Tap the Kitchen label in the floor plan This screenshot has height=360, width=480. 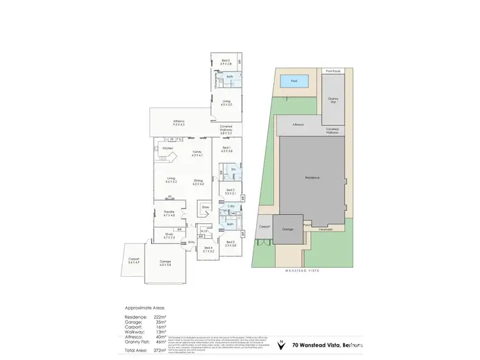click(x=168, y=148)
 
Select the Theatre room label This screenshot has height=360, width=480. click(x=169, y=213)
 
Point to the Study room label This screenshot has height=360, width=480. click(x=169, y=235)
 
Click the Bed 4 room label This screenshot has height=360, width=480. click(x=208, y=248)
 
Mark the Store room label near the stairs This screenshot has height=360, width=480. click(x=205, y=207)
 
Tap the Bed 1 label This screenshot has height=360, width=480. click(x=227, y=148)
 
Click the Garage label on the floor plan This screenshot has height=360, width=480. click(x=165, y=263)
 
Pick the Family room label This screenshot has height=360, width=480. click(x=197, y=153)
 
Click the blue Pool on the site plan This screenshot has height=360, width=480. click(x=294, y=81)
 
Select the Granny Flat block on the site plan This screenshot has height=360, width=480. click(x=333, y=100)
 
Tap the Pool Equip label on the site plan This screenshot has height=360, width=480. click(x=333, y=71)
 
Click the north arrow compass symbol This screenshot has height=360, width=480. click(x=280, y=346)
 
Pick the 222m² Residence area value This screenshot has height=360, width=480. click(x=159, y=317)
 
